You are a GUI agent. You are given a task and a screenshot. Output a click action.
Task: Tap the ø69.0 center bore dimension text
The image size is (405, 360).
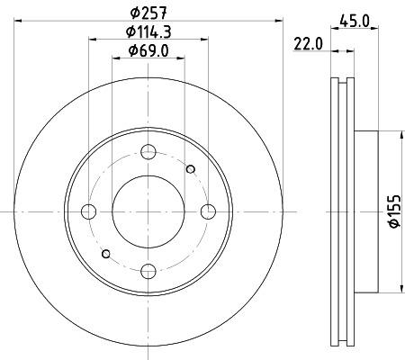148,50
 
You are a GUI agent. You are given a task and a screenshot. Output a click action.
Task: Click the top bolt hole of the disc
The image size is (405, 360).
148,152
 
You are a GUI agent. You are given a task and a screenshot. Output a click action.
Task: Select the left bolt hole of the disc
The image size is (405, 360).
88,211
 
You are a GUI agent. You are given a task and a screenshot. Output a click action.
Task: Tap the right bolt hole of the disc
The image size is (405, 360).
209,211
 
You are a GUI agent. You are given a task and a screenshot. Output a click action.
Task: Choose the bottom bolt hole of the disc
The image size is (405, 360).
148,272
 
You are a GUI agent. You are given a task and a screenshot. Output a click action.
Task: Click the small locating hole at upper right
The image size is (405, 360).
190,169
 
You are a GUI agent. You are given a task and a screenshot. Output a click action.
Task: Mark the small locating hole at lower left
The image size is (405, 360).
107,254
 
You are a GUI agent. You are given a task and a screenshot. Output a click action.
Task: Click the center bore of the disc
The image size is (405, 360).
148,211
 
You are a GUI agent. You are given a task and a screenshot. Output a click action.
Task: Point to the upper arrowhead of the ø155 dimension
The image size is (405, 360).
400,136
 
